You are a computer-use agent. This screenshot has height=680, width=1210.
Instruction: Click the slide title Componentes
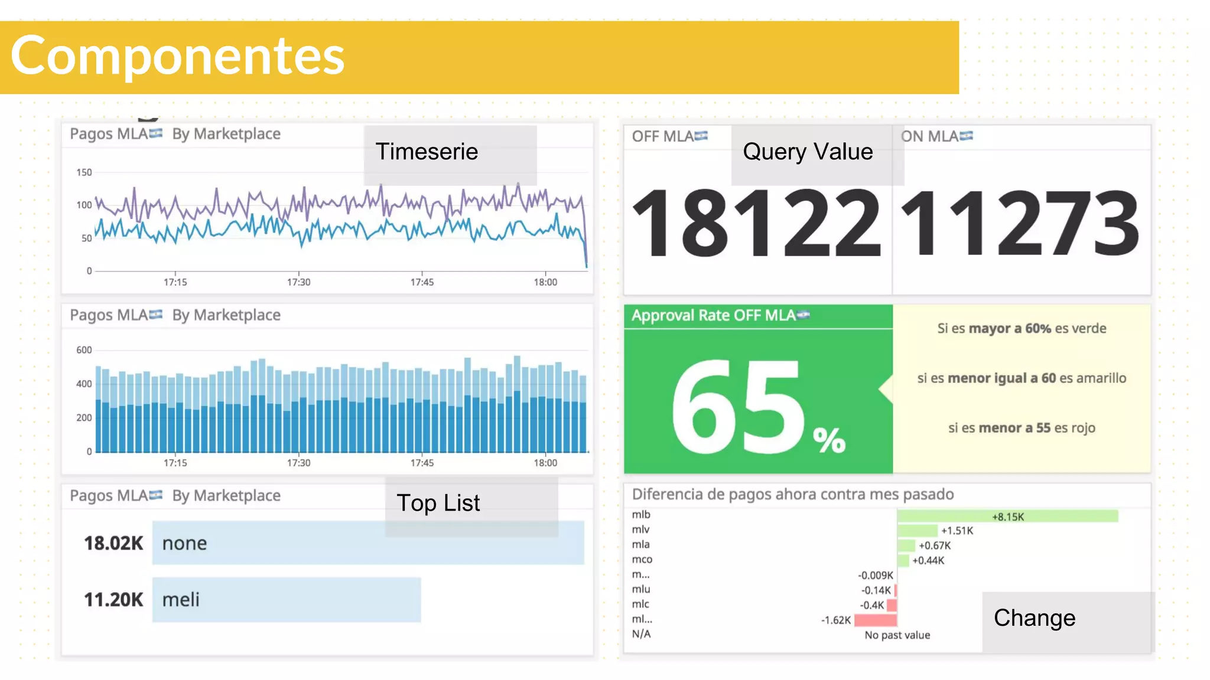[x=177, y=56]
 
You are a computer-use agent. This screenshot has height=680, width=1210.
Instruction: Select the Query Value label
[x=808, y=152]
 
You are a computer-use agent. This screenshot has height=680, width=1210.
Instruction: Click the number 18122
[x=756, y=223]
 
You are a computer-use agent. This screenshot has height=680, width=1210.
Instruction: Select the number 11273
[x=1020, y=223]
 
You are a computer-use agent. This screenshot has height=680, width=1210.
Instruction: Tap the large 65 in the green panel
[x=739, y=407]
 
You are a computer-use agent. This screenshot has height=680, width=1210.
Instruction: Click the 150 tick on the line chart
[x=84, y=172]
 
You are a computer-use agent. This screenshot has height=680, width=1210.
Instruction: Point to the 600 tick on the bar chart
[x=84, y=350]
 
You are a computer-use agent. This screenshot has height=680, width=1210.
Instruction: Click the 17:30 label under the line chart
[x=298, y=282]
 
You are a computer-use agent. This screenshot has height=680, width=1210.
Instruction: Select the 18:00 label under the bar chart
[x=545, y=463]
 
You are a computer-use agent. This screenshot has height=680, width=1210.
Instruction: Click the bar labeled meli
[x=287, y=600]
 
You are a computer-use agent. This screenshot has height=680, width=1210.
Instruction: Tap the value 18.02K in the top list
[x=113, y=543]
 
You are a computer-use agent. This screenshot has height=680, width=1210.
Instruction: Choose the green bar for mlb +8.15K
[x=1007, y=516]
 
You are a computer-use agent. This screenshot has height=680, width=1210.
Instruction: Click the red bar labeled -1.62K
[x=875, y=620]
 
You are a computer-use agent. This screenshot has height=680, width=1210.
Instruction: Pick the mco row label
[x=642, y=560]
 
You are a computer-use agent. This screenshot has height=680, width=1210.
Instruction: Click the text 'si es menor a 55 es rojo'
[x=1022, y=428]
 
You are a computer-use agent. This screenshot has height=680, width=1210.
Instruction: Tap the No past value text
[x=897, y=635]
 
